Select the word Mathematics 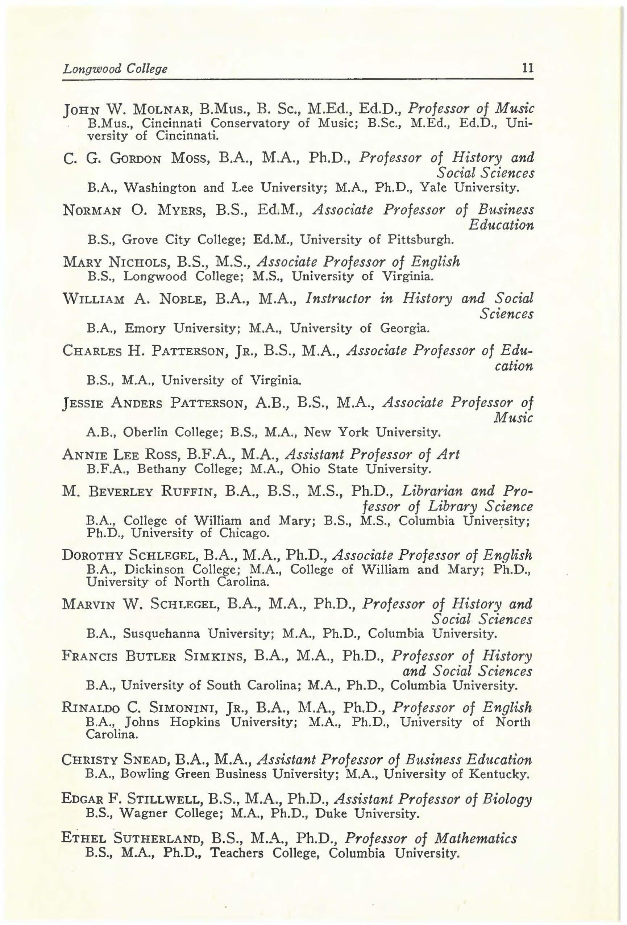(x=476, y=839)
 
